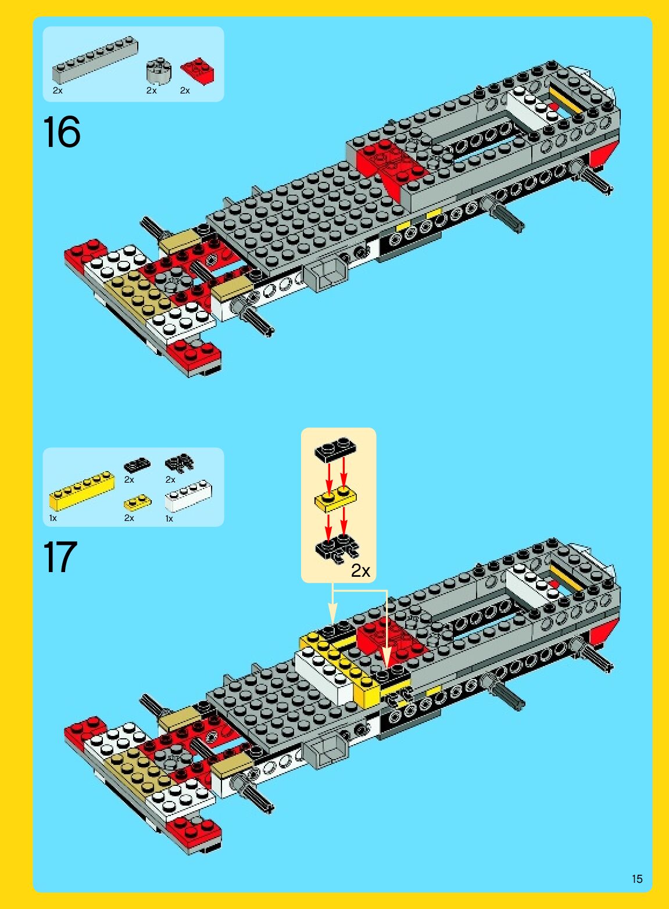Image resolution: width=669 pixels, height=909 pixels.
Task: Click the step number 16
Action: point(61,132)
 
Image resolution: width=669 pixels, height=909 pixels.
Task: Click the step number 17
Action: point(60,557)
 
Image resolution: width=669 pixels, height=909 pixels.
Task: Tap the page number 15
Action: point(637,879)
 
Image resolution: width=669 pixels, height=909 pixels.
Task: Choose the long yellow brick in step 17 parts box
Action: point(81,490)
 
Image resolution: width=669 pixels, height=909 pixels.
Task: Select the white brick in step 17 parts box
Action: point(188,495)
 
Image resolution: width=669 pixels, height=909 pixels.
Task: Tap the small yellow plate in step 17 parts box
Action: point(138,502)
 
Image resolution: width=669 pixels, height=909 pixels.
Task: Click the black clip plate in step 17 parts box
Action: point(179,463)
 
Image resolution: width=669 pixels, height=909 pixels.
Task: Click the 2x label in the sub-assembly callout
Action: point(360,571)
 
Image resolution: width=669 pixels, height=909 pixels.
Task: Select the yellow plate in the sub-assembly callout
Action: point(336,500)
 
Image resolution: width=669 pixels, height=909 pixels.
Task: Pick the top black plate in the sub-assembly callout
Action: point(335,449)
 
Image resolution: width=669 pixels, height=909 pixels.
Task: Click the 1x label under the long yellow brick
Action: point(53,518)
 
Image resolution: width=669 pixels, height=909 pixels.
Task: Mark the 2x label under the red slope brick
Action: point(185,91)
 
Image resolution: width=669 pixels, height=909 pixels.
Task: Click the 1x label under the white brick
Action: point(169,518)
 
